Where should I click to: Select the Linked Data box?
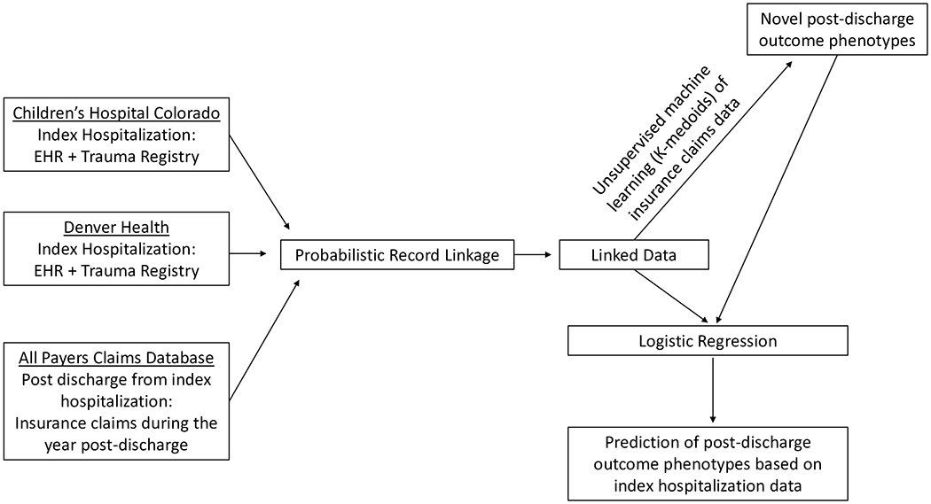(x=634, y=255)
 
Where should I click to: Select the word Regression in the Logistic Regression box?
(x=739, y=340)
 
